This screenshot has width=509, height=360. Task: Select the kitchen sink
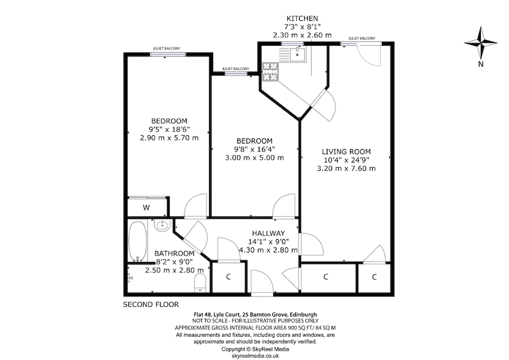pos(296,54)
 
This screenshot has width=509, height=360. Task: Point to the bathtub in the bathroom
pos(137,241)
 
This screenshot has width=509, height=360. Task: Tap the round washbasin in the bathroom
pos(163,226)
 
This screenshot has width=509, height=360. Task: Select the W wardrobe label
pos(146,208)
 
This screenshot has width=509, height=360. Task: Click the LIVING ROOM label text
pos(346,151)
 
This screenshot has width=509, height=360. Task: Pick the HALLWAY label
pos(268,233)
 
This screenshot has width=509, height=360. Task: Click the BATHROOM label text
pos(175,253)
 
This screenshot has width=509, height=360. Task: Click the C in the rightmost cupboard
pos(374,277)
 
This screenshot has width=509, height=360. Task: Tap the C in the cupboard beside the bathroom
pos(228,277)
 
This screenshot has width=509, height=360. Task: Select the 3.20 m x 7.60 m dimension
pos(346,168)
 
